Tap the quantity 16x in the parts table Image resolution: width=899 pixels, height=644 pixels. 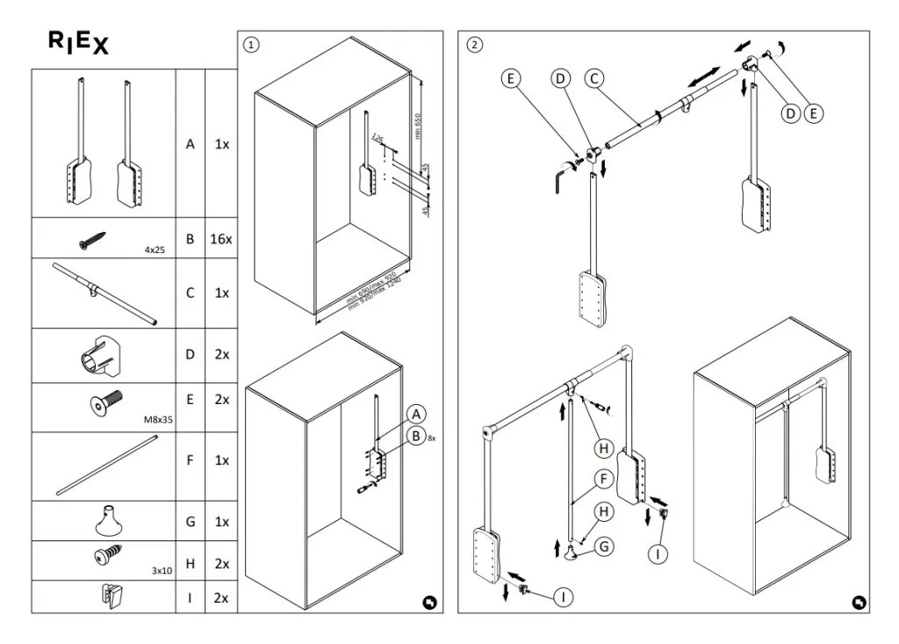(x=220, y=238)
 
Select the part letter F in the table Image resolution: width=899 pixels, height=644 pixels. (x=190, y=459)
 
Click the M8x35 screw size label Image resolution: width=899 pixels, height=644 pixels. (x=158, y=420)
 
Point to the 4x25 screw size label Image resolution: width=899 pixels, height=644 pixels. (x=155, y=250)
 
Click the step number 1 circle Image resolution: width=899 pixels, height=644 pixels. (x=251, y=43)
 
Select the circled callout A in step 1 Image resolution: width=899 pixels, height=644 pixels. (x=416, y=414)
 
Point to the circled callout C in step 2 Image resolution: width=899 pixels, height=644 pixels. (x=593, y=78)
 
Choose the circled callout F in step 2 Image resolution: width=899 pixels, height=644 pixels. (x=602, y=479)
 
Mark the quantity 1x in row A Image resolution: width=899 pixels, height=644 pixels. (x=221, y=143)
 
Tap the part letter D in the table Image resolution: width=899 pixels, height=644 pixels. (x=190, y=355)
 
